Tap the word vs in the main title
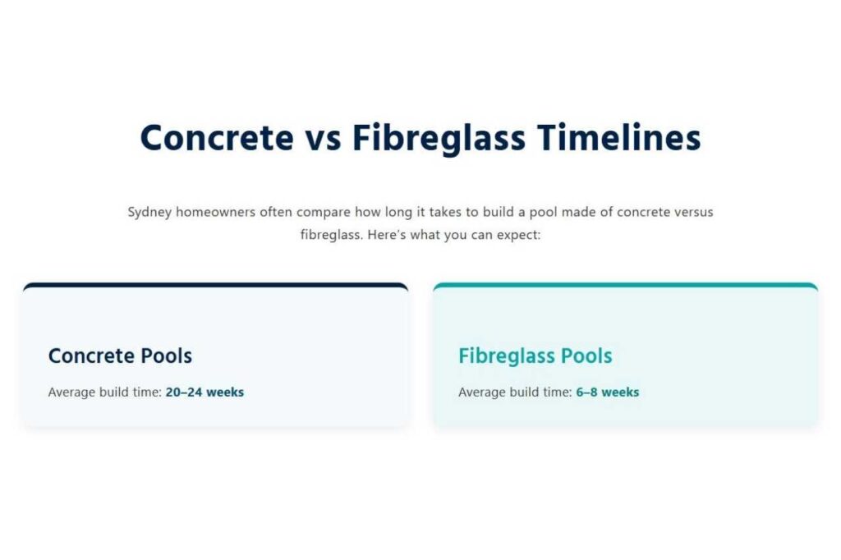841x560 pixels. (324, 139)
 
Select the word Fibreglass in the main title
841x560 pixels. (439, 139)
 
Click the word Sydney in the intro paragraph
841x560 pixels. (149, 213)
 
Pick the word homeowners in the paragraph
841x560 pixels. (216, 212)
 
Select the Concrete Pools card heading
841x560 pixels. (120, 356)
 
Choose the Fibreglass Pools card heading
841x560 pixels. (535, 356)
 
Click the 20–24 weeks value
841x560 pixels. (205, 392)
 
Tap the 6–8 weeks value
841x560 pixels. (608, 392)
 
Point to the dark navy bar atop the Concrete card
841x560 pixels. (216, 286)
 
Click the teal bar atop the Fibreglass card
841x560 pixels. (625, 286)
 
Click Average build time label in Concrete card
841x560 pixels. (104, 392)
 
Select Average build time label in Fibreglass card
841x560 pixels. (515, 392)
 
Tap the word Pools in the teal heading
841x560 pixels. (586, 356)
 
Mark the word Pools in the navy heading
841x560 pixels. (166, 356)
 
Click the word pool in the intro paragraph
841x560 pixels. (544, 213)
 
